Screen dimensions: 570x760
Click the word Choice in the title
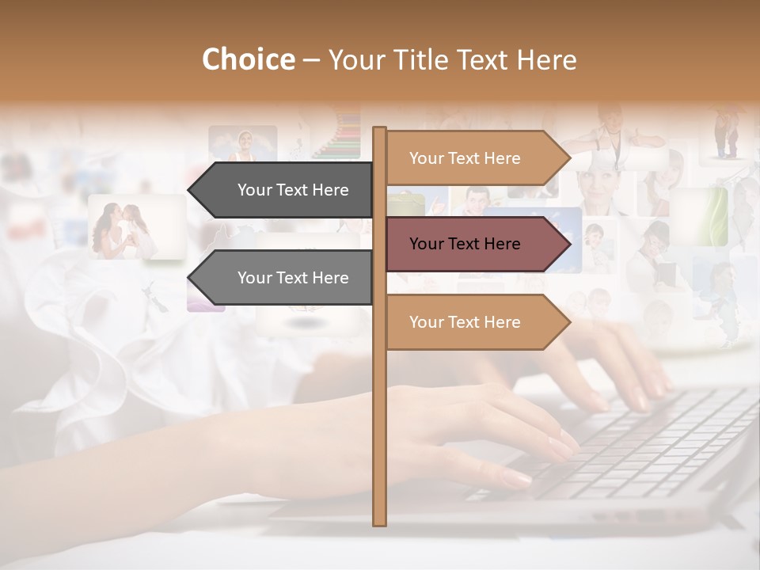(x=248, y=59)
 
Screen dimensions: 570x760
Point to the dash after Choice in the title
(x=311, y=60)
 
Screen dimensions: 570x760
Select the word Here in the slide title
(x=547, y=59)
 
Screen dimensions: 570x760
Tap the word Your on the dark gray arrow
(x=255, y=190)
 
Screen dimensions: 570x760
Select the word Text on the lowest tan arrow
(x=465, y=322)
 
